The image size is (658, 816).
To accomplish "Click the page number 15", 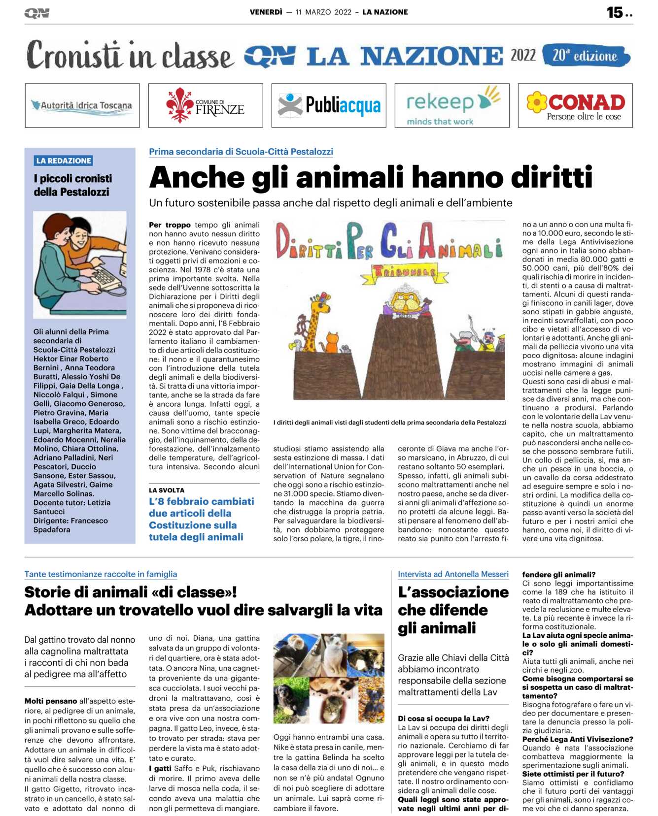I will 615,12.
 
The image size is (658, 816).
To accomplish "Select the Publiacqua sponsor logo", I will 329,105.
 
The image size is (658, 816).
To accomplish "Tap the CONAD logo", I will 575,105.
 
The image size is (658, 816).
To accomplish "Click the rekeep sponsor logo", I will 452,105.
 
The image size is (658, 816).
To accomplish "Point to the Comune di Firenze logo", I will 206,105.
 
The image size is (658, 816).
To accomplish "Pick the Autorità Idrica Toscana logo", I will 82,105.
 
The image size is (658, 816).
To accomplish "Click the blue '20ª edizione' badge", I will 586,56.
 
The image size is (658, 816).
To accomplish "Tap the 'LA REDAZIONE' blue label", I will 64,161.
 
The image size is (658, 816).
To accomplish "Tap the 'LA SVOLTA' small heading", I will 167,490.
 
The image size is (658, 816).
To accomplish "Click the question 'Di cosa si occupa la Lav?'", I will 444,718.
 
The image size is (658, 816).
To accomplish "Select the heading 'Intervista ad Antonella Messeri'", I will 453,574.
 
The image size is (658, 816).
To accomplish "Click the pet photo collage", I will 329,678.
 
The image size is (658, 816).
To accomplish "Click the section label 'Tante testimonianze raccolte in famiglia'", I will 101,574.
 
